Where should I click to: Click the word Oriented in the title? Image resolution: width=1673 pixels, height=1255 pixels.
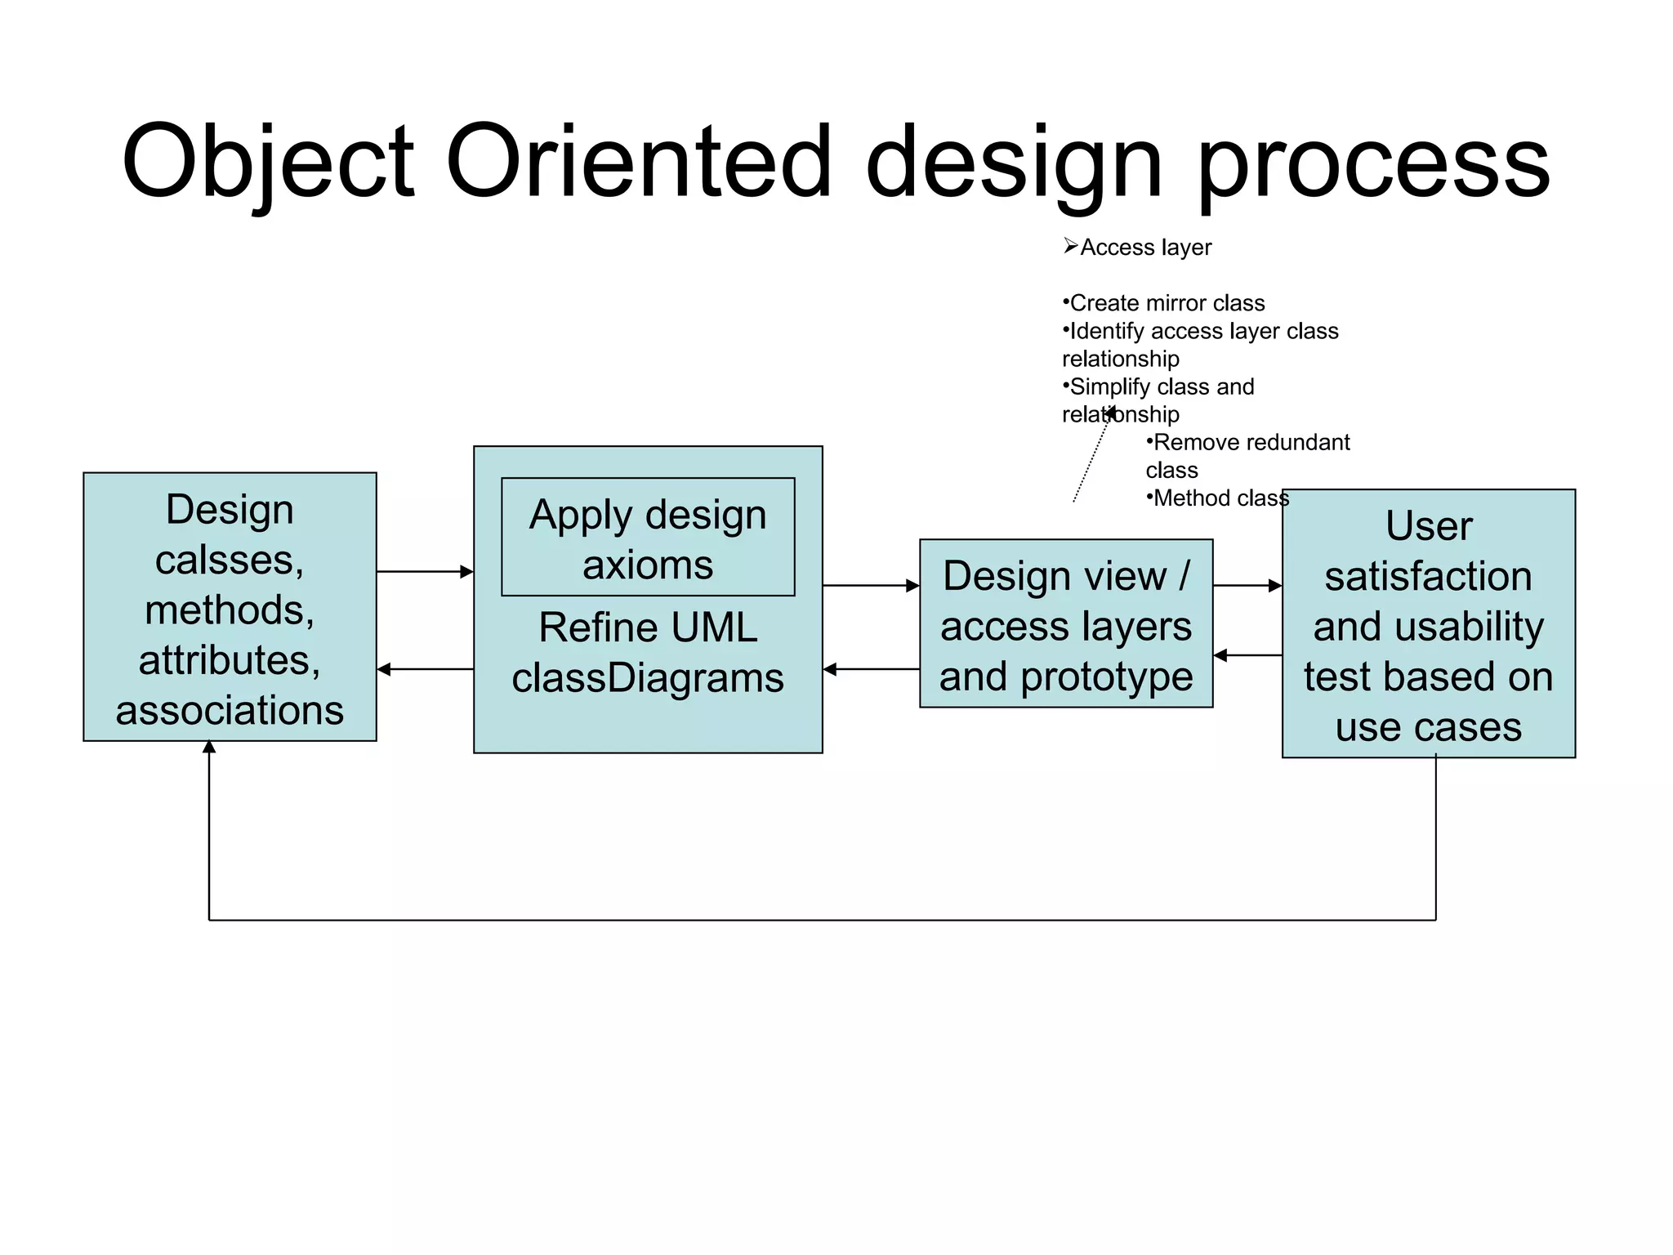(639, 162)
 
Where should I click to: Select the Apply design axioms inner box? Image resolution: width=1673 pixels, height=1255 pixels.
(648, 538)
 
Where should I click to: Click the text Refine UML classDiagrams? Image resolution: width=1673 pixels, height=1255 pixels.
(648, 653)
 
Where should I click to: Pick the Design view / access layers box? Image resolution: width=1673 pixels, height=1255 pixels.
(1066, 623)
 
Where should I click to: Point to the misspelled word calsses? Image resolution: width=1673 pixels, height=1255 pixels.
(230, 561)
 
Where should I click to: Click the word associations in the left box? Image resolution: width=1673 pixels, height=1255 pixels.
(230, 710)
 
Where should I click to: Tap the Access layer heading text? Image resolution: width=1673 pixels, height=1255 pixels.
(1145, 248)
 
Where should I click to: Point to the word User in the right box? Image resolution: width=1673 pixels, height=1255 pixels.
(1429, 526)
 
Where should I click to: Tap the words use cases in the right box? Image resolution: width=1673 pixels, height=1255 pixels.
(1429, 727)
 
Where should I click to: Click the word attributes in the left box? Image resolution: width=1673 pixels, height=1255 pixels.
(230, 660)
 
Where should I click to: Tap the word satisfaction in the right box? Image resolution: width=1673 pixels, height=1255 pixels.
(1429, 577)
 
